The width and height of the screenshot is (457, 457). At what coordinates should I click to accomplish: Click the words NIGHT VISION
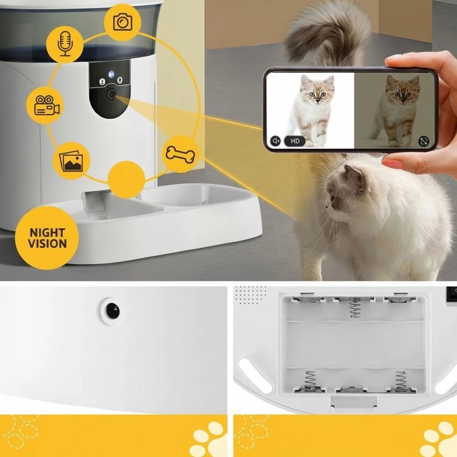pos(47,238)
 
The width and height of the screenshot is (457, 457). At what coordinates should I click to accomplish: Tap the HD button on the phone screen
pos(295,141)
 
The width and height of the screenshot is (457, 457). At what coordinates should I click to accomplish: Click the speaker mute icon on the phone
pos(275,141)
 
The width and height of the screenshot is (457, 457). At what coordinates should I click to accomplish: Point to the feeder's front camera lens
pos(111,95)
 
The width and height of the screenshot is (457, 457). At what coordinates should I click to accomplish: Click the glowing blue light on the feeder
pos(111,75)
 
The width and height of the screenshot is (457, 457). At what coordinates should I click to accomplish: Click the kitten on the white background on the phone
pos(314,108)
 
